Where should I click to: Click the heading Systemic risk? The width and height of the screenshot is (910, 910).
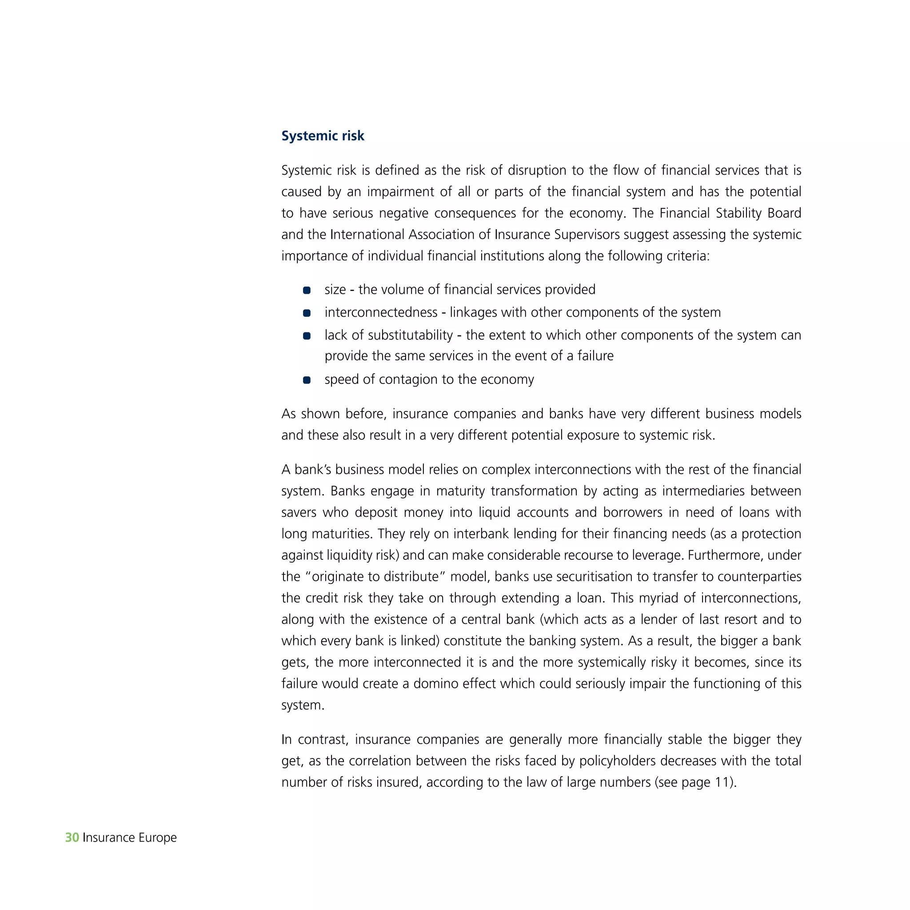click(323, 136)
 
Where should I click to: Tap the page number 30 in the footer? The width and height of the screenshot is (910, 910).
click(72, 837)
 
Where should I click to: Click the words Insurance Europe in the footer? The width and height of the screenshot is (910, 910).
click(130, 837)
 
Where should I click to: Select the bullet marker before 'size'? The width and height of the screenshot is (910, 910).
click(307, 290)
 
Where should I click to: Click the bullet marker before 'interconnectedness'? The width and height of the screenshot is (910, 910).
click(307, 313)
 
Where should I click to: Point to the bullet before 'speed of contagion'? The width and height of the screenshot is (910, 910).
click(307, 379)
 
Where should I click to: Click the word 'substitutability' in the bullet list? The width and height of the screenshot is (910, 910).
click(410, 335)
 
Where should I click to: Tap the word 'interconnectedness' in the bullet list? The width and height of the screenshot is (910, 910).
click(381, 312)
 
